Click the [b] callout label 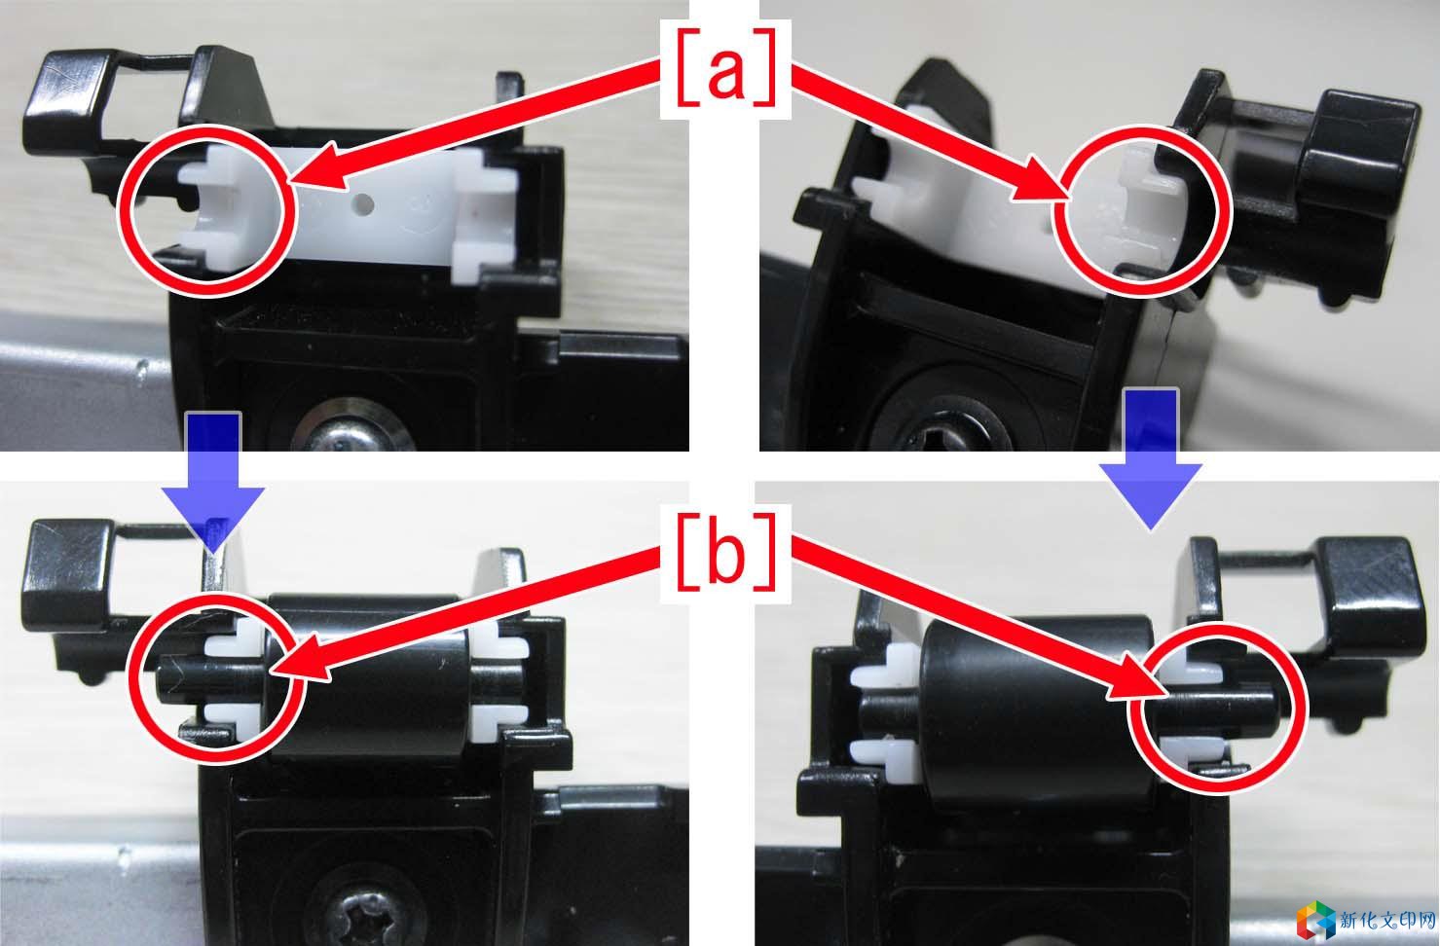tap(725, 555)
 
